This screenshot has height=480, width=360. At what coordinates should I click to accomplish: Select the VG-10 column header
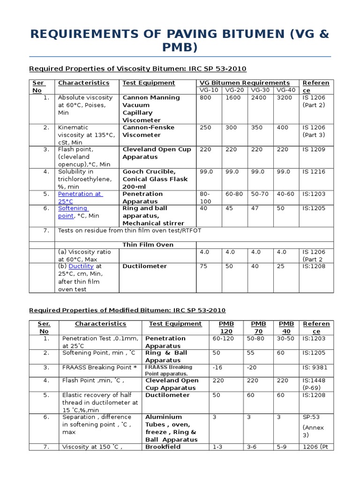tap(208, 90)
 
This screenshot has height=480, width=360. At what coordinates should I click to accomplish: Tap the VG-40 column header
tap(286, 90)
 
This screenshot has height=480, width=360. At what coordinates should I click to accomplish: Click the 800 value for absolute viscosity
tap(205, 97)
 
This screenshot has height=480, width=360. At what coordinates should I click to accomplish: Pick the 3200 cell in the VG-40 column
tap(284, 97)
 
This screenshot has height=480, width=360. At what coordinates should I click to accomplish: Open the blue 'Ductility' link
tap(82, 266)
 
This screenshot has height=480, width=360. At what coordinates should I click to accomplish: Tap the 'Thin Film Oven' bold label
tap(148, 245)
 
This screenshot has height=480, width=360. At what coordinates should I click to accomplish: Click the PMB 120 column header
tap(226, 327)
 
